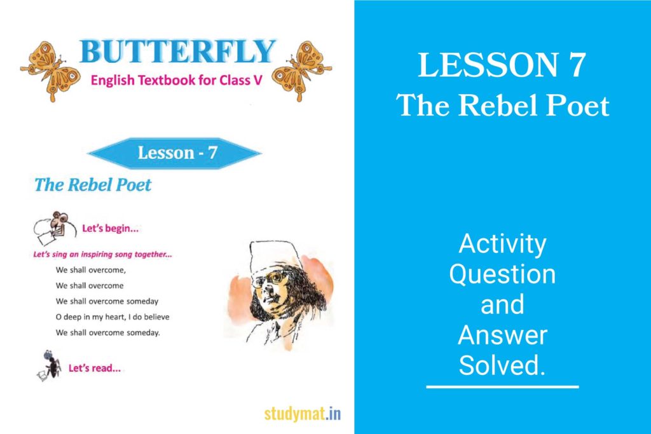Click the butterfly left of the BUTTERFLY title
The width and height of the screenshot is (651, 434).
(x=49, y=69)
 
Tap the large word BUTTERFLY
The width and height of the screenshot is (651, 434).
(x=178, y=52)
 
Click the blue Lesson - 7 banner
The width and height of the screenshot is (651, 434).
(x=174, y=153)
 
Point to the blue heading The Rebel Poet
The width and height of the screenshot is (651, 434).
(x=93, y=185)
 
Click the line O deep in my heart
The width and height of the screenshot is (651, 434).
(x=113, y=316)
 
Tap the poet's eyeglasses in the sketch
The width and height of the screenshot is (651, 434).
(x=273, y=278)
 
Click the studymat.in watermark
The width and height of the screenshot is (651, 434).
(x=303, y=414)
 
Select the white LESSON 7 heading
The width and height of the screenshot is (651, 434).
(x=502, y=65)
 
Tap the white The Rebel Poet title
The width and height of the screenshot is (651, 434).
(x=503, y=105)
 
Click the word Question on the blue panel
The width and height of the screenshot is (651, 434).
(x=502, y=275)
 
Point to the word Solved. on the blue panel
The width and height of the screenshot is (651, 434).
(x=502, y=365)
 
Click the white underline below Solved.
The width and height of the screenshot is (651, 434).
(x=502, y=386)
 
